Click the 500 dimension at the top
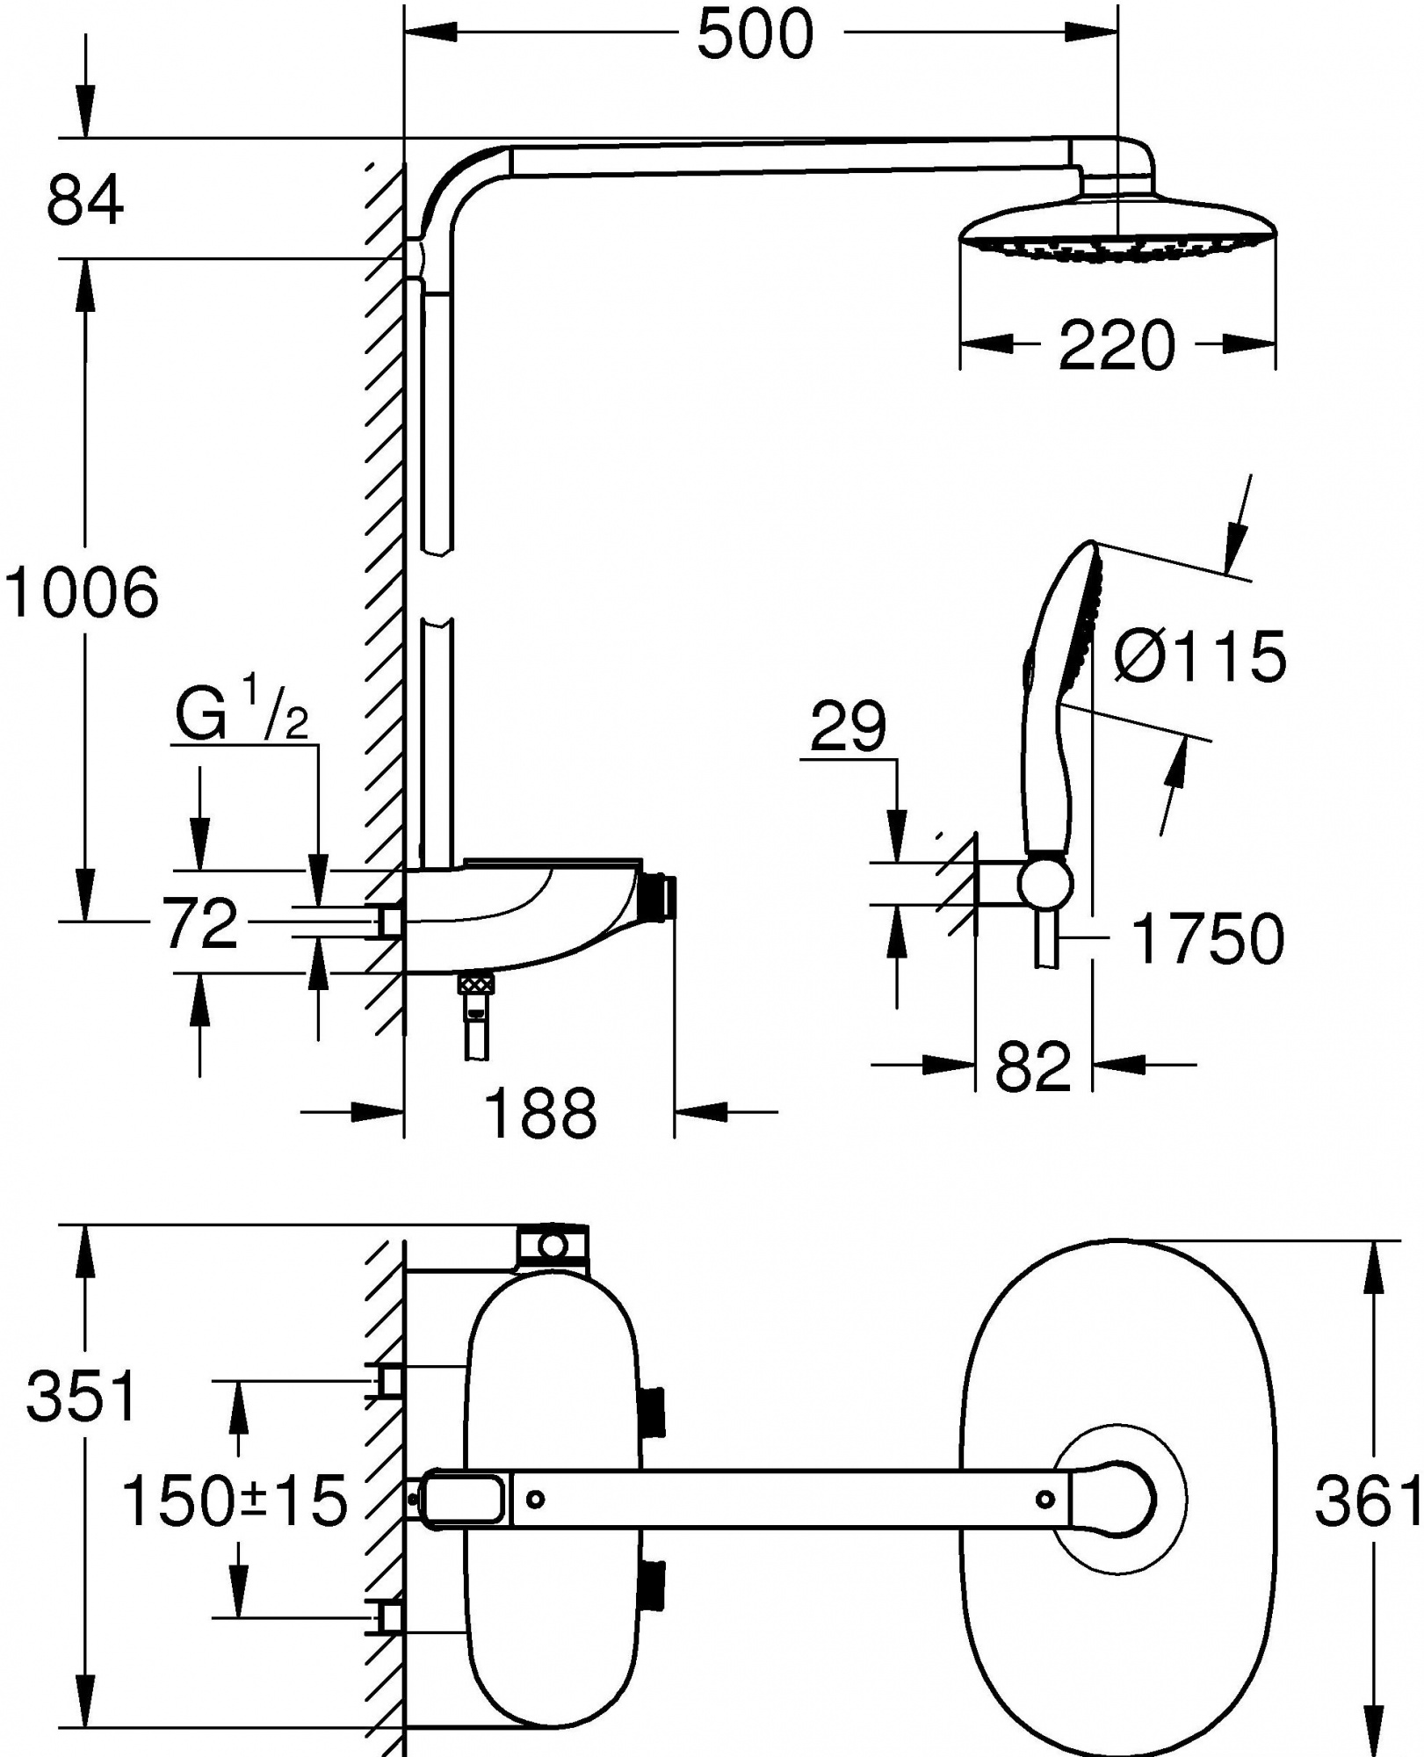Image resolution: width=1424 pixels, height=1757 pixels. (x=755, y=37)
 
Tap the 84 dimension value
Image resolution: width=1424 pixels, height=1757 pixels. (x=85, y=201)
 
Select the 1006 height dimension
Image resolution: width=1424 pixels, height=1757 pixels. (x=82, y=592)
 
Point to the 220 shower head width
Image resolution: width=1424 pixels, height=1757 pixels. (x=1116, y=345)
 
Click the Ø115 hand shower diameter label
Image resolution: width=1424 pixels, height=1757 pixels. (x=1200, y=656)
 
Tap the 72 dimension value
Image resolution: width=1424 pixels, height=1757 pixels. (x=200, y=923)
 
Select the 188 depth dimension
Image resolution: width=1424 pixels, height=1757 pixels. (x=540, y=1112)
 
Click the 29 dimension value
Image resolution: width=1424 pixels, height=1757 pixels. (x=848, y=727)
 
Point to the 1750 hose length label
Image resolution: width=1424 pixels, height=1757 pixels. (x=1209, y=939)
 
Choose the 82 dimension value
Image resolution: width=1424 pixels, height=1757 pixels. (x=1033, y=1067)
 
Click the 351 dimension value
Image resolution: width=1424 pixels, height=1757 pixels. (x=83, y=1394)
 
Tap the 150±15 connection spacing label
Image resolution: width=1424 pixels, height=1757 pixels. (x=235, y=1500)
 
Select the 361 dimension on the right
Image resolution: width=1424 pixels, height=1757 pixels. (x=1367, y=1500)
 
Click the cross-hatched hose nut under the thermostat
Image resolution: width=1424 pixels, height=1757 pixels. (x=474, y=986)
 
